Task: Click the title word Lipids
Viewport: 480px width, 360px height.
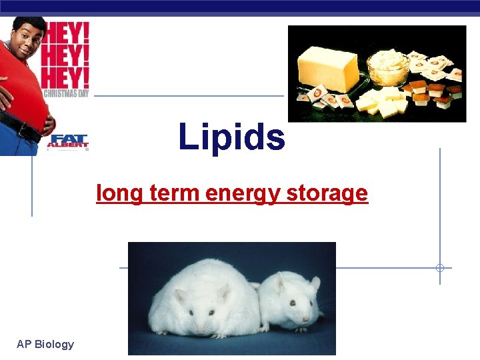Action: click(231, 137)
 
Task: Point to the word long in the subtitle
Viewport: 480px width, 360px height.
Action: click(117, 193)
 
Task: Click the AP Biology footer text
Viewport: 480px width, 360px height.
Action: click(45, 344)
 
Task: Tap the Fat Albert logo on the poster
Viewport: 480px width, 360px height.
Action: click(67, 141)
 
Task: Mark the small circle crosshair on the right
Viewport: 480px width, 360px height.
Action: click(439, 268)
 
